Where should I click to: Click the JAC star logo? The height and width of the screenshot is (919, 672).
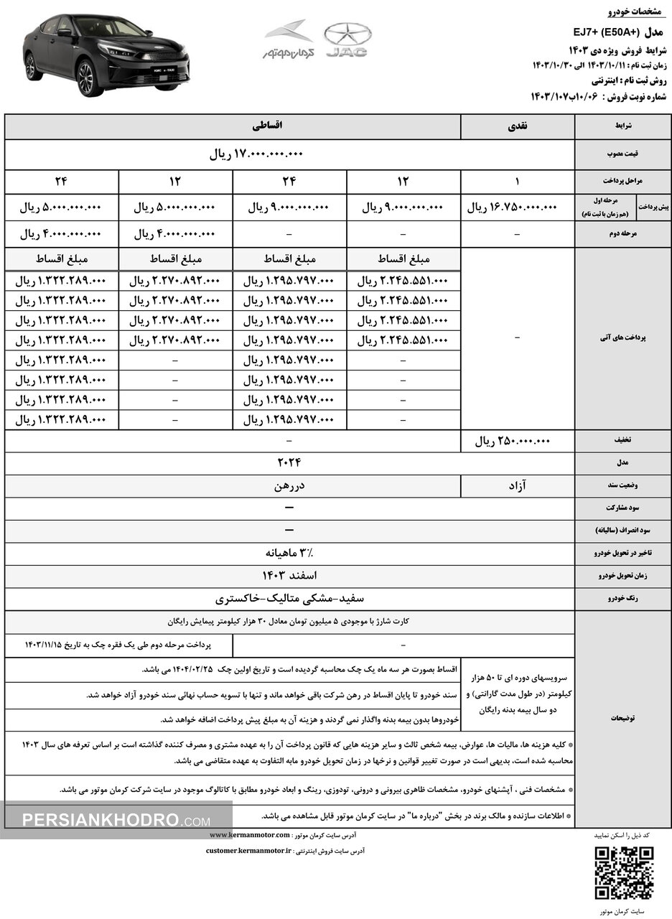coord(347,35)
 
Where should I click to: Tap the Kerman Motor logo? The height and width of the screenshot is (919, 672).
coord(289,39)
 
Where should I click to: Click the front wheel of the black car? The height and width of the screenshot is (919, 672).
coord(86,77)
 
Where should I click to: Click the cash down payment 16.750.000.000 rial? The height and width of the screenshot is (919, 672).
coord(512,207)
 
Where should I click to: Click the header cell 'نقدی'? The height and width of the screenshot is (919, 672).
coord(517,126)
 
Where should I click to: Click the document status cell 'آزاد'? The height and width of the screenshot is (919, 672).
coord(517,486)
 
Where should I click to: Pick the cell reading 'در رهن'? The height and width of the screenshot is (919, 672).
coord(289,486)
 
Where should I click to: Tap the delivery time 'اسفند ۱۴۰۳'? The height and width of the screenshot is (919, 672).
coord(289,575)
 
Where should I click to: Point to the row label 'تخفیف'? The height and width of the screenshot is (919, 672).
coord(622,441)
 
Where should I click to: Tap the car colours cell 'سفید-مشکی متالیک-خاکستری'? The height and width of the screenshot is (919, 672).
coord(289,598)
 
